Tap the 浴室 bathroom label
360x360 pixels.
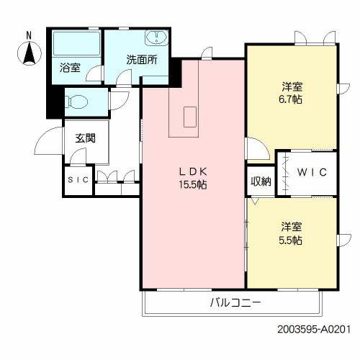[x=70, y=68]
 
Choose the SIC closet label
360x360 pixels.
[x=78, y=180]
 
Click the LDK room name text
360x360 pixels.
[x=193, y=171]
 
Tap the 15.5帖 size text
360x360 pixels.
[x=193, y=184]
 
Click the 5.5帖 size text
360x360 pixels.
[x=292, y=240]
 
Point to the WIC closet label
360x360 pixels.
[x=312, y=172]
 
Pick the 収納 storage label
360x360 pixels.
[x=261, y=181]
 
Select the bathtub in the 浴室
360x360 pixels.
[x=76, y=45]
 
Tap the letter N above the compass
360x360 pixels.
[x=29, y=35]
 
